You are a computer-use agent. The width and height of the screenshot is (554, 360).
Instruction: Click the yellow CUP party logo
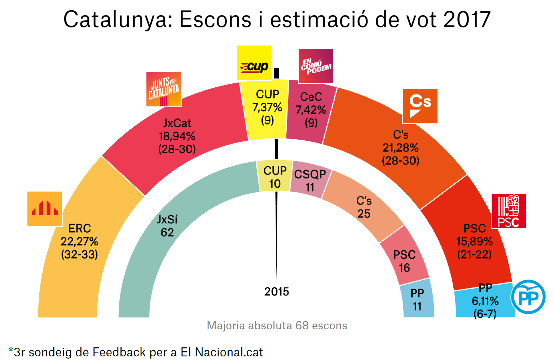pos(254,63)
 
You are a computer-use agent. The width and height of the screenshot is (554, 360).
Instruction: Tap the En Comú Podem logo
pos(316,66)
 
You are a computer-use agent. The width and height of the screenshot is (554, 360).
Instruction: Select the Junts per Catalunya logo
pos(164,89)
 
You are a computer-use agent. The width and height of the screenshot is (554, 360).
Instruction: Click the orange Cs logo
pos(420,106)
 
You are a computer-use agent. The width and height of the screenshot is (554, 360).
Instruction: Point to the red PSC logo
pos(509,211)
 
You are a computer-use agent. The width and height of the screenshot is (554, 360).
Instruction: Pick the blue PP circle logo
pos(528,297)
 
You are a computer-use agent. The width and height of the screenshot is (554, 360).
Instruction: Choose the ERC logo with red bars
pos(45,209)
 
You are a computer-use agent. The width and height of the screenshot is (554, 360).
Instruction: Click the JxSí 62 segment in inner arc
pos(167,226)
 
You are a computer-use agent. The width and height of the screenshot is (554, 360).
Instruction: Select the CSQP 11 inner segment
pos(310,180)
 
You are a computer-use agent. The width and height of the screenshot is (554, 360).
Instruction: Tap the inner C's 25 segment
pos(364,207)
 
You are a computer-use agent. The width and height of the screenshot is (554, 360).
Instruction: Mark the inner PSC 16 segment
pos(404,261)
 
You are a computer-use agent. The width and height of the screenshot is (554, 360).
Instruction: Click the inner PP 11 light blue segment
pos(417,299)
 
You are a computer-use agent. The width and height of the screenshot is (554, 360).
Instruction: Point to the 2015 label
pos(277,291)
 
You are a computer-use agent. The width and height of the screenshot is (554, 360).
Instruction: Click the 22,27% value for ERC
pos(79,241)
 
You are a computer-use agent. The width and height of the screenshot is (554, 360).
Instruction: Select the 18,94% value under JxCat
pos(177,136)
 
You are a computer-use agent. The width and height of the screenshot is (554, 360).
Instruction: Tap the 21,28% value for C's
pos(400,148)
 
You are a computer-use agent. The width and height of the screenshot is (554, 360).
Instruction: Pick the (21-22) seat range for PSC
pos(474,254)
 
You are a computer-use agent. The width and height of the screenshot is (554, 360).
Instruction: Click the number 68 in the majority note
pos(302,325)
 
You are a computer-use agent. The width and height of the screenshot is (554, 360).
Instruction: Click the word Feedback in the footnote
pos(119,352)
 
